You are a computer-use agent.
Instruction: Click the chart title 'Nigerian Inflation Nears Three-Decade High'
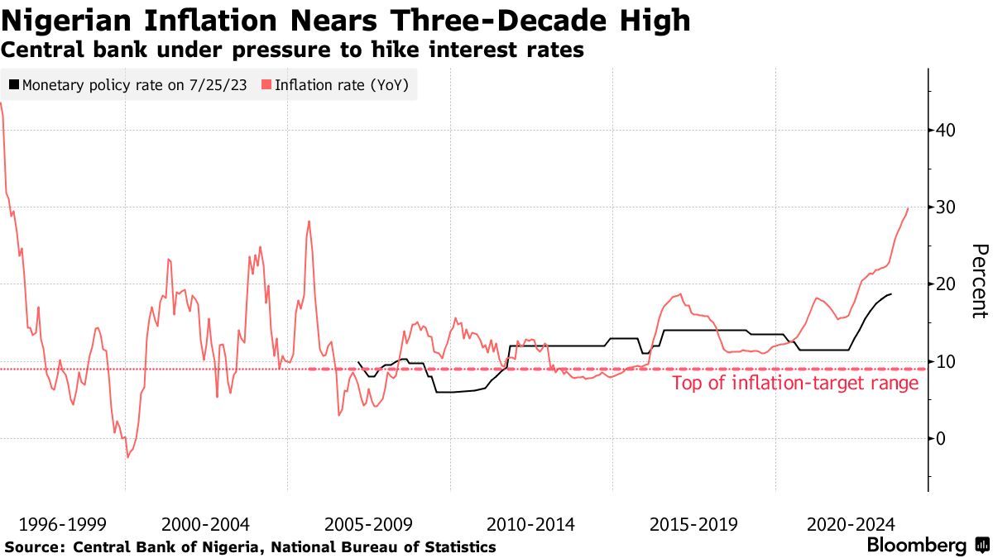pyautogui.click(x=346, y=20)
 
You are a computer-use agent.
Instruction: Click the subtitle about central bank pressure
pyautogui.click(x=293, y=50)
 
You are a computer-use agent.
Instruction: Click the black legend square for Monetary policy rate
pyautogui.click(x=14, y=84)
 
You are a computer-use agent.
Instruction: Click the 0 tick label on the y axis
pyautogui.click(x=942, y=438)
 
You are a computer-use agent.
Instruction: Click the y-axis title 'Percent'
pyautogui.click(x=979, y=281)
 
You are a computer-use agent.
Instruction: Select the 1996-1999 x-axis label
pyautogui.click(x=63, y=524)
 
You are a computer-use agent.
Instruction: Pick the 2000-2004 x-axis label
pyautogui.click(x=206, y=524)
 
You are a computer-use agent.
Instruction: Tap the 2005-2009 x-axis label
pyautogui.click(x=369, y=524)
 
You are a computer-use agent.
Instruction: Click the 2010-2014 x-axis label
pyautogui.click(x=531, y=524)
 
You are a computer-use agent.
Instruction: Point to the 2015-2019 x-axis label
pyautogui.click(x=693, y=524)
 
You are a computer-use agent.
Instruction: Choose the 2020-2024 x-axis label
pyautogui.click(x=851, y=524)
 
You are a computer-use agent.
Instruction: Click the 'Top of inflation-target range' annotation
pyautogui.click(x=794, y=383)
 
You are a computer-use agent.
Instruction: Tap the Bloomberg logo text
pyautogui.click(x=916, y=546)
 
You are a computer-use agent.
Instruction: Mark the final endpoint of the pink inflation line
pyautogui.click(x=909, y=207)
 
